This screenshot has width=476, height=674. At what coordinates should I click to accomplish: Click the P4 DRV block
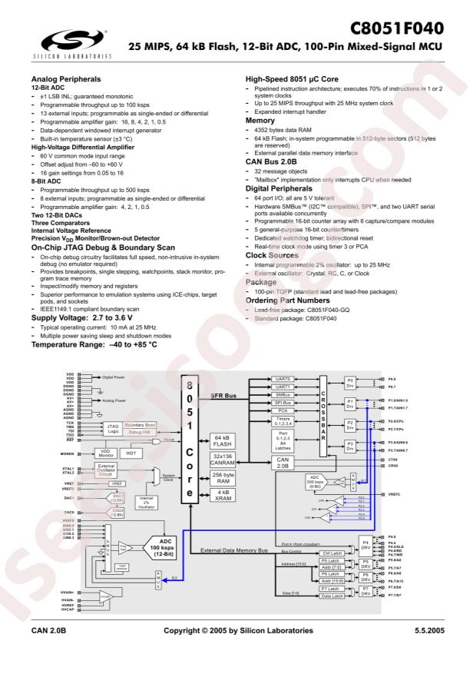coord(365,545)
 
